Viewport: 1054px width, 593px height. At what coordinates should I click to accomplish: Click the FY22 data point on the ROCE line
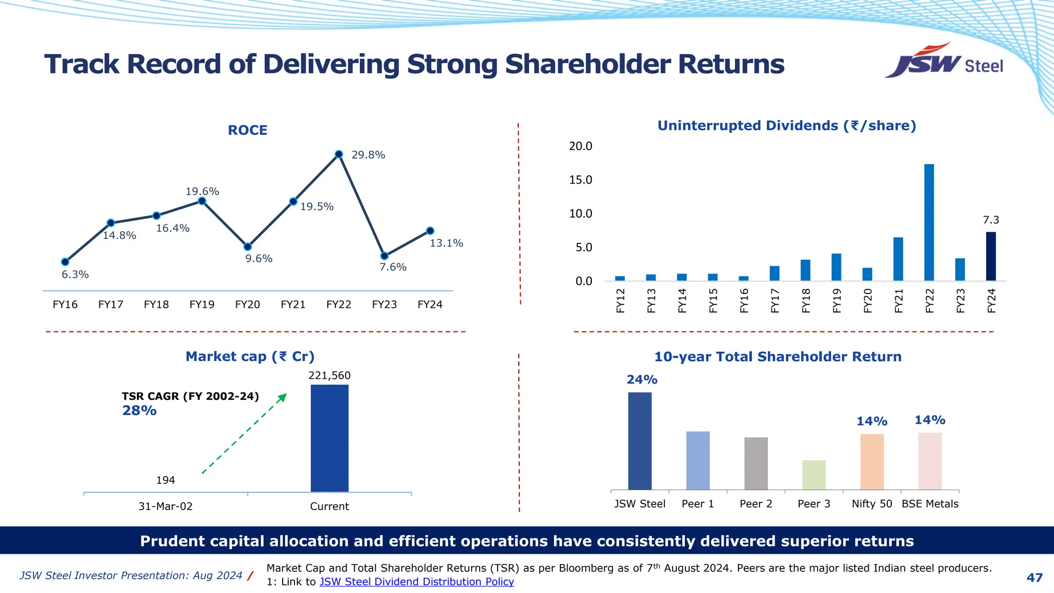(339, 154)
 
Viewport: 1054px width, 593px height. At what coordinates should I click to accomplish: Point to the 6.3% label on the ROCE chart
(75, 275)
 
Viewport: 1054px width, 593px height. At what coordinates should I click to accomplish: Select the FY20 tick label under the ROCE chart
(248, 305)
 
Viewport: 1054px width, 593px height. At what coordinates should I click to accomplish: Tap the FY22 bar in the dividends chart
(929, 222)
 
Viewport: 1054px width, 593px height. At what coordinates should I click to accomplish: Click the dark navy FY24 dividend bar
(991, 256)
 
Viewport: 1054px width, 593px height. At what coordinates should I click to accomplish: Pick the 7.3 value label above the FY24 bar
(991, 220)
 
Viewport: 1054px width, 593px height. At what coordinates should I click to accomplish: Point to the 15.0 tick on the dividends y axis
(581, 180)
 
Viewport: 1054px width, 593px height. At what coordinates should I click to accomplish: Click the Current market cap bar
(329, 438)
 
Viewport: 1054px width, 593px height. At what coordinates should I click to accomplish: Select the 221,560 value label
(329, 376)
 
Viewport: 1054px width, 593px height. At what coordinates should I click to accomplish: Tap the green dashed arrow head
(283, 397)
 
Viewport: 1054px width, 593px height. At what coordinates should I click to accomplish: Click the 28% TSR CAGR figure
(139, 411)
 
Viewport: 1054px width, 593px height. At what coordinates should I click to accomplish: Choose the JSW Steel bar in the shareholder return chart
(640, 441)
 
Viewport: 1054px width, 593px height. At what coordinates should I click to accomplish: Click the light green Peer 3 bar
(814, 475)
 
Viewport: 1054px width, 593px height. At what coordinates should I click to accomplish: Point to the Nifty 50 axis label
(872, 504)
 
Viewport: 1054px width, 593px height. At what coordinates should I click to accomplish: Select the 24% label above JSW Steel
(642, 380)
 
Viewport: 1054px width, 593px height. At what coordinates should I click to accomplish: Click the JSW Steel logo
(944, 62)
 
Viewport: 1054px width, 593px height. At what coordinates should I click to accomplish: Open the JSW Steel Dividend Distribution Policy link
(416, 582)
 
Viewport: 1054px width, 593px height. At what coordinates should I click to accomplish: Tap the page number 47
(1034, 578)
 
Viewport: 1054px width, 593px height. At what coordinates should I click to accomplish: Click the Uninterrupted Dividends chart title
(786, 126)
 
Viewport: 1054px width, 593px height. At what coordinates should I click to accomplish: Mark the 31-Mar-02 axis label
(165, 507)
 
